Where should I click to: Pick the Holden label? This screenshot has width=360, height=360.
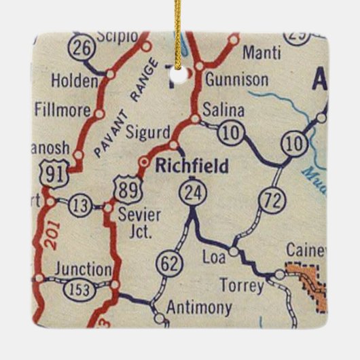point(75,82)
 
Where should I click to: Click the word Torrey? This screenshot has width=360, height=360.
point(242,286)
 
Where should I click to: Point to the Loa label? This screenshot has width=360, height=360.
point(213,257)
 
